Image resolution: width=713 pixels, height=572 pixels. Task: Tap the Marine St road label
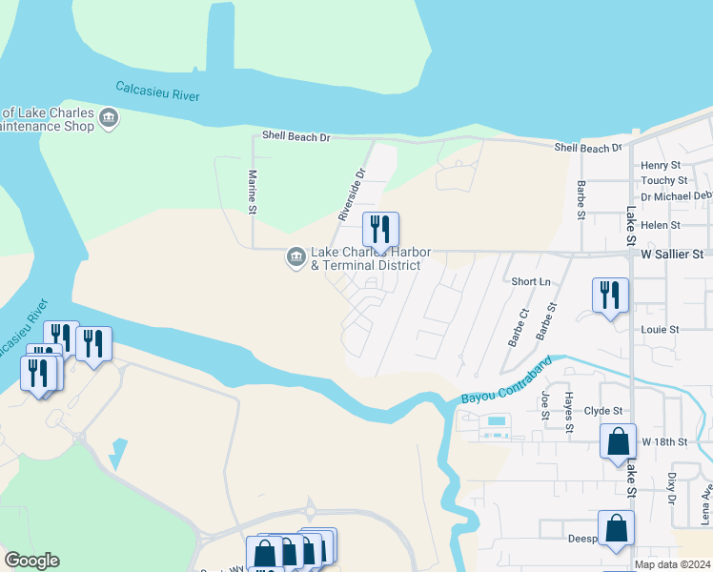coord(254,192)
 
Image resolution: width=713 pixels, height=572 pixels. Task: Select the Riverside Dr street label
coord(351,194)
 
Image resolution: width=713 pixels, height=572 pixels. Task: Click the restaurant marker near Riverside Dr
coord(380,230)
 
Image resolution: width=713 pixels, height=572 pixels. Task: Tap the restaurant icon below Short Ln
coord(610,296)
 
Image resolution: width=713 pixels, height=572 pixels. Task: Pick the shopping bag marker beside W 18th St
coord(618,441)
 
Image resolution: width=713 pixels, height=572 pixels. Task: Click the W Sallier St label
coord(672,255)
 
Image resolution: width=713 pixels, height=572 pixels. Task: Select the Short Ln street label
coord(531,281)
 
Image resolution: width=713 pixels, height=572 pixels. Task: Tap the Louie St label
coord(660,329)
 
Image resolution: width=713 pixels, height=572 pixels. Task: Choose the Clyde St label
coord(603,411)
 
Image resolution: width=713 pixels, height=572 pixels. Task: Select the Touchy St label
coord(664,180)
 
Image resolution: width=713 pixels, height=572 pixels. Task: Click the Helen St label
coord(661,225)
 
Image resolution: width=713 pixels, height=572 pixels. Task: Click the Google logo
coord(31,561)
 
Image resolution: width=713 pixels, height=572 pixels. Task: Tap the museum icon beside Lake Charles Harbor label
coord(295,257)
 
